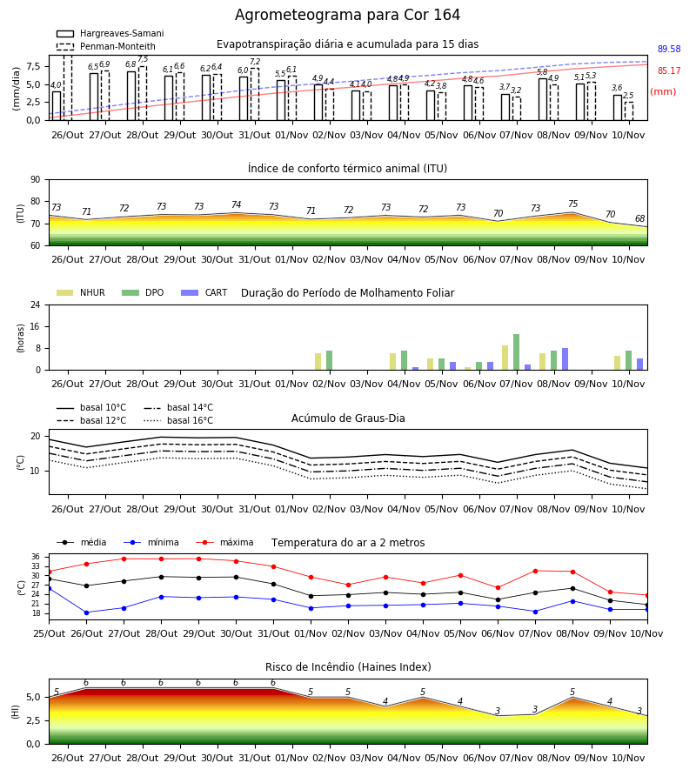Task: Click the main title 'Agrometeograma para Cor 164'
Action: click(x=347, y=15)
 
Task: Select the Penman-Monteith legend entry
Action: click(x=106, y=46)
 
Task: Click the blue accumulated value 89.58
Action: click(x=669, y=49)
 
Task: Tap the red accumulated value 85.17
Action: click(x=669, y=71)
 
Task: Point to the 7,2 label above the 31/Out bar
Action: click(x=255, y=62)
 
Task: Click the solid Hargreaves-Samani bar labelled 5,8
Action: click(x=543, y=99)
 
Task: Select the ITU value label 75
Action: click(x=572, y=204)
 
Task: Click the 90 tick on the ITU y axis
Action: click(x=35, y=180)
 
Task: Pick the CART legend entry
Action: click(x=204, y=292)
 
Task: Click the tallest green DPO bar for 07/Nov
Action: click(x=516, y=352)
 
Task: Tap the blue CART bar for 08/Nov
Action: click(x=565, y=359)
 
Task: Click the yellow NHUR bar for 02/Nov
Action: click(x=318, y=362)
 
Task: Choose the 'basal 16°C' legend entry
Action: click(x=178, y=420)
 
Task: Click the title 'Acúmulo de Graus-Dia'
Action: click(x=348, y=418)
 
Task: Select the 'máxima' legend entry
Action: click(x=224, y=542)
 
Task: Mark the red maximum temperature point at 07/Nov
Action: click(x=535, y=571)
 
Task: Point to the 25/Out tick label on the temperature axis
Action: click(x=49, y=633)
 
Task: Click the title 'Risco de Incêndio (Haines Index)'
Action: click(x=348, y=667)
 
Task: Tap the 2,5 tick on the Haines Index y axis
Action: click(x=34, y=720)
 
